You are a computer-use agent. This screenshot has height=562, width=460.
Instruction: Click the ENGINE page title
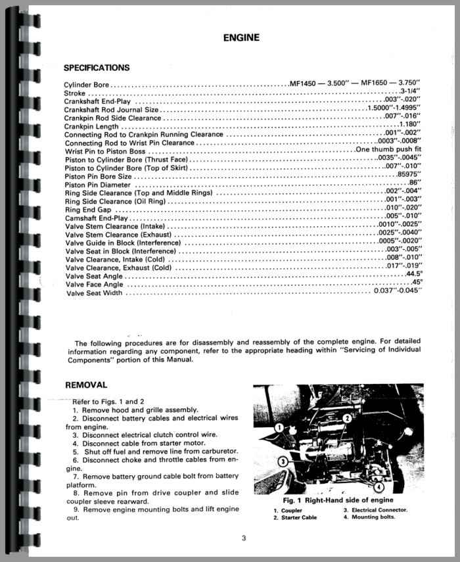click(241, 37)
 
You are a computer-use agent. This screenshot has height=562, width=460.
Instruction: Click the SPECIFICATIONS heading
click(97, 68)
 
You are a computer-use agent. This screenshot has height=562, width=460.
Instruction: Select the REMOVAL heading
click(85, 385)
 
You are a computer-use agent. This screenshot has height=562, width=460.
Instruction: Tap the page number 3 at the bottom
click(243, 539)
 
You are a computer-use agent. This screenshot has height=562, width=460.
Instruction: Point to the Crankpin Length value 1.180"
click(409, 125)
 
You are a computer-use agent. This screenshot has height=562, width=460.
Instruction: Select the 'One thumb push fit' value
click(388, 149)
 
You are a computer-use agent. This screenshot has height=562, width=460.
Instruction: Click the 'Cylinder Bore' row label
click(87, 85)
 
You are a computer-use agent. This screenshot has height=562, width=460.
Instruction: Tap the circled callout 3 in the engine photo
click(282, 461)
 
